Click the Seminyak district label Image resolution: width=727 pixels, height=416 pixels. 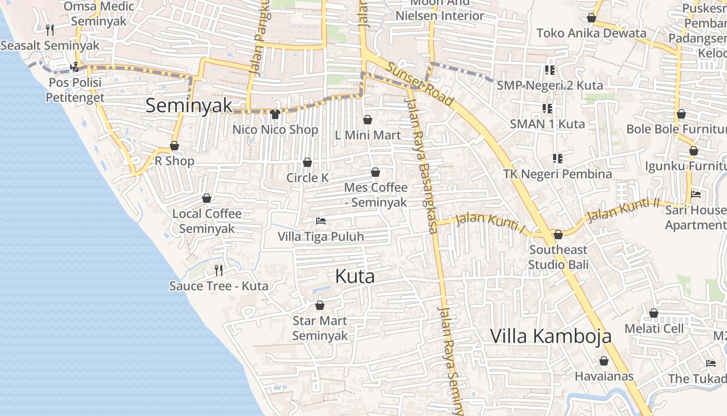(189, 106)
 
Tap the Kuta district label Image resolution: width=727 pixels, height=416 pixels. (355, 276)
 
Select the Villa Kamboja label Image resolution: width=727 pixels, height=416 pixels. (550, 336)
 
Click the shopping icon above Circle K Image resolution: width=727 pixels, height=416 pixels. (307, 162)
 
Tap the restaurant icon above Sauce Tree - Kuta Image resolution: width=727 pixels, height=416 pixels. (219, 270)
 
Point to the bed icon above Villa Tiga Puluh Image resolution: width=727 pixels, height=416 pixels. (321, 221)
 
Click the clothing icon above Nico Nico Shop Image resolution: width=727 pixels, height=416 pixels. (275, 114)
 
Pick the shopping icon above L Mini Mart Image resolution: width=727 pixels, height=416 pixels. (368, 120)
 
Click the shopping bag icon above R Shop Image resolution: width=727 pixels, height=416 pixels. (174, 146)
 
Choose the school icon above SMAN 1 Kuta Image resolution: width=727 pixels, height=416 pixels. (547, 108)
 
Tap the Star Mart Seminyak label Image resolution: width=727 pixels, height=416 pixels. (320, 328)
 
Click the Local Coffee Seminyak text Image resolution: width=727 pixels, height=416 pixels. (207, 221)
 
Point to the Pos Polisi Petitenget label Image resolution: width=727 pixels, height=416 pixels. (75, 89)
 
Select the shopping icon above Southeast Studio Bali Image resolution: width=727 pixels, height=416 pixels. (558, 235)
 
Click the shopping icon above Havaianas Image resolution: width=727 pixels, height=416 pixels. (604, 361)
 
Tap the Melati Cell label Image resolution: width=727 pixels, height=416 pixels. (654, 328)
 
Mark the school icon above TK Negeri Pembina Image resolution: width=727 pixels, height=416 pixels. (558, 158)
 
